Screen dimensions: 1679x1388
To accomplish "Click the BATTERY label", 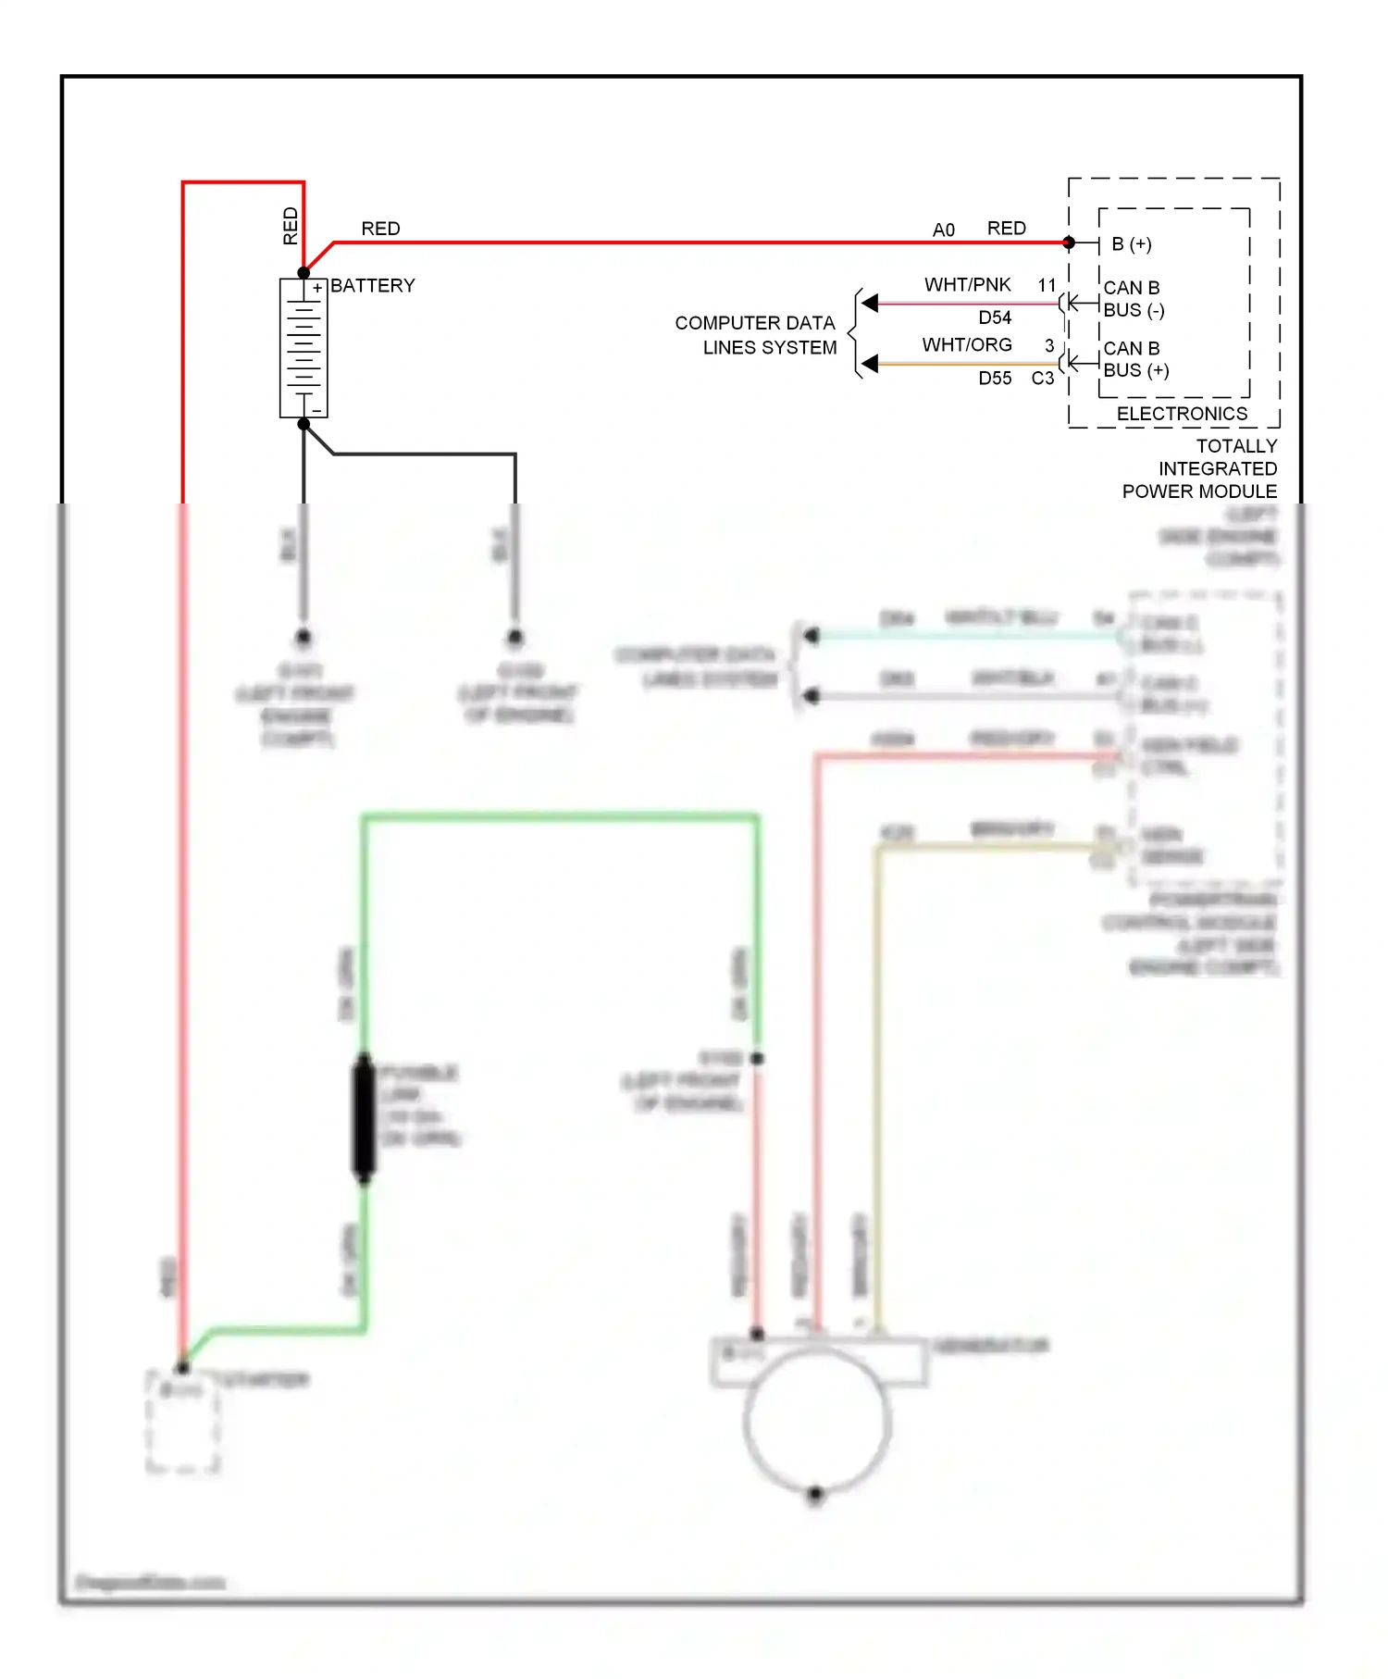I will click(x=372, y=285).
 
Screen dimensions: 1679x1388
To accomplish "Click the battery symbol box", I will click(x=304, y=349).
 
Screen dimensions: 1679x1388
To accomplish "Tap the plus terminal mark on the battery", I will click(x=316, y=288).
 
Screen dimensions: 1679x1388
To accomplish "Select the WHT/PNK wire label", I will click(x=967, y=284).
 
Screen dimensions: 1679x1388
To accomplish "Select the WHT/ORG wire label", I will click(x=966, y=344).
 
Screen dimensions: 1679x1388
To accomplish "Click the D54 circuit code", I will click(x=995, y=317).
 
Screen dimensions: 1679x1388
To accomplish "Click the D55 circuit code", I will click(x=995, y=378).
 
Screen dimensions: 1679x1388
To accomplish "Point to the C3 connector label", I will click(x=1042, y=378).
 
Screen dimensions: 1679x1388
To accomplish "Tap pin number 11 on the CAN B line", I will click(x=1047, y=285).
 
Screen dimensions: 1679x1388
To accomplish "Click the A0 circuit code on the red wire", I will click(x=943, y=230).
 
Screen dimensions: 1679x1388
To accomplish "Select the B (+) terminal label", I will click(x=1131, y=243).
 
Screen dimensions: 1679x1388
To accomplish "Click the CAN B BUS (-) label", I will click(x=1133, y=299).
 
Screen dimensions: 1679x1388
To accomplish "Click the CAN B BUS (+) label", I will click(x=1134, y=359).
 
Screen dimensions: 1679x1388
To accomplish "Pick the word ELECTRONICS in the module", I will click(x=1182, y=414).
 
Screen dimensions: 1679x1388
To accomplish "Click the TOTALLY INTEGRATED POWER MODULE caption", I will click(x=1200, y=468).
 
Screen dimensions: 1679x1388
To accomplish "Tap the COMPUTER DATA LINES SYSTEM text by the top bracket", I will click(x=756, y=335).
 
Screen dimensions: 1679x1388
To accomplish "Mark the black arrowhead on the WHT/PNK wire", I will click(x=869, y=303).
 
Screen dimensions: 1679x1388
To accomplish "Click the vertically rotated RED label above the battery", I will click(x=290, y=225).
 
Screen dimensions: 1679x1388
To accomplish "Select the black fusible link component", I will click(x=365, y=1118).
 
